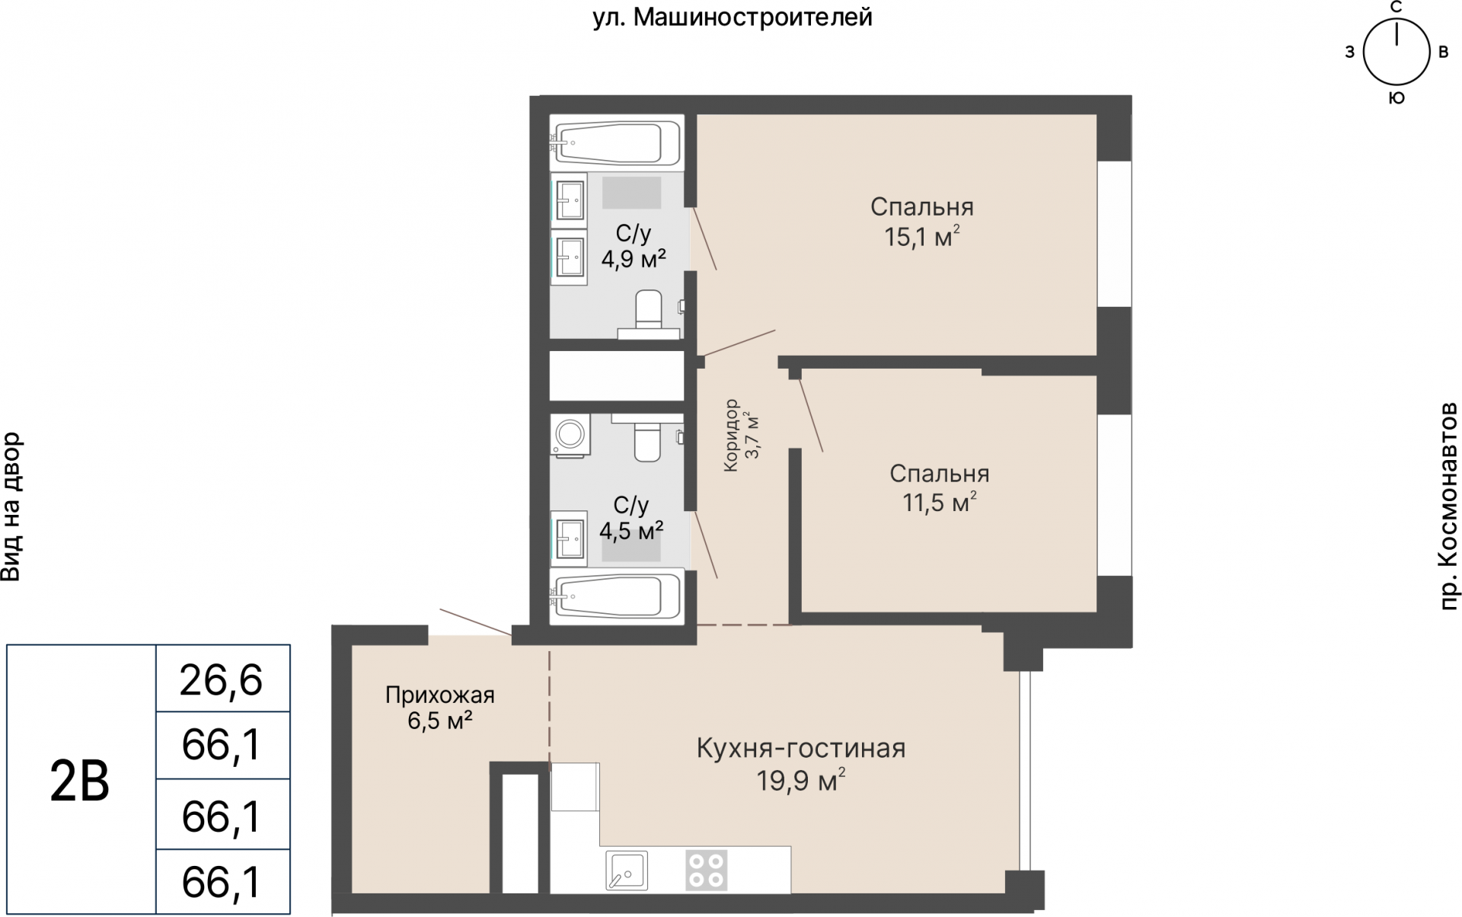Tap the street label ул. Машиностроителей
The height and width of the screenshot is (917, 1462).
pos(732,17)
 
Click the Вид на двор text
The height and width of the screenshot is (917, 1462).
pos(11,506)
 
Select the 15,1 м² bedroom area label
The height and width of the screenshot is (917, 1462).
pos(921,237)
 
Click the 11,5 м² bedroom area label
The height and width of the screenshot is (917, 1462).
pos(940,503)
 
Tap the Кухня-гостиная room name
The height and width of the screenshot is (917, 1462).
pos(801,749)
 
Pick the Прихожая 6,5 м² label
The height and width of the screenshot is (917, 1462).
pos(440,708)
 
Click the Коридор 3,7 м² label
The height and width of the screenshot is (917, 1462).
pos(742,436)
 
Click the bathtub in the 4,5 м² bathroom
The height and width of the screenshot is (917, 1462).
pos(616,598)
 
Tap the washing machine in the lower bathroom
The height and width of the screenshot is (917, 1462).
pos(569,436)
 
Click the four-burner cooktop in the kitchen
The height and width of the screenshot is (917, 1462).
pos(705,870)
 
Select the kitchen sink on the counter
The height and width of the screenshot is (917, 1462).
pos(627,870)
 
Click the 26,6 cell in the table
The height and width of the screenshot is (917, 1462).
pos(222,679)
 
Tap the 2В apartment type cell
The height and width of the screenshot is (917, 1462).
pos(80,781)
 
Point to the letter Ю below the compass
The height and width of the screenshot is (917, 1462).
pos(1397,98)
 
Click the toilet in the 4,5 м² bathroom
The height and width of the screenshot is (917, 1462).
pos(648,440)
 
